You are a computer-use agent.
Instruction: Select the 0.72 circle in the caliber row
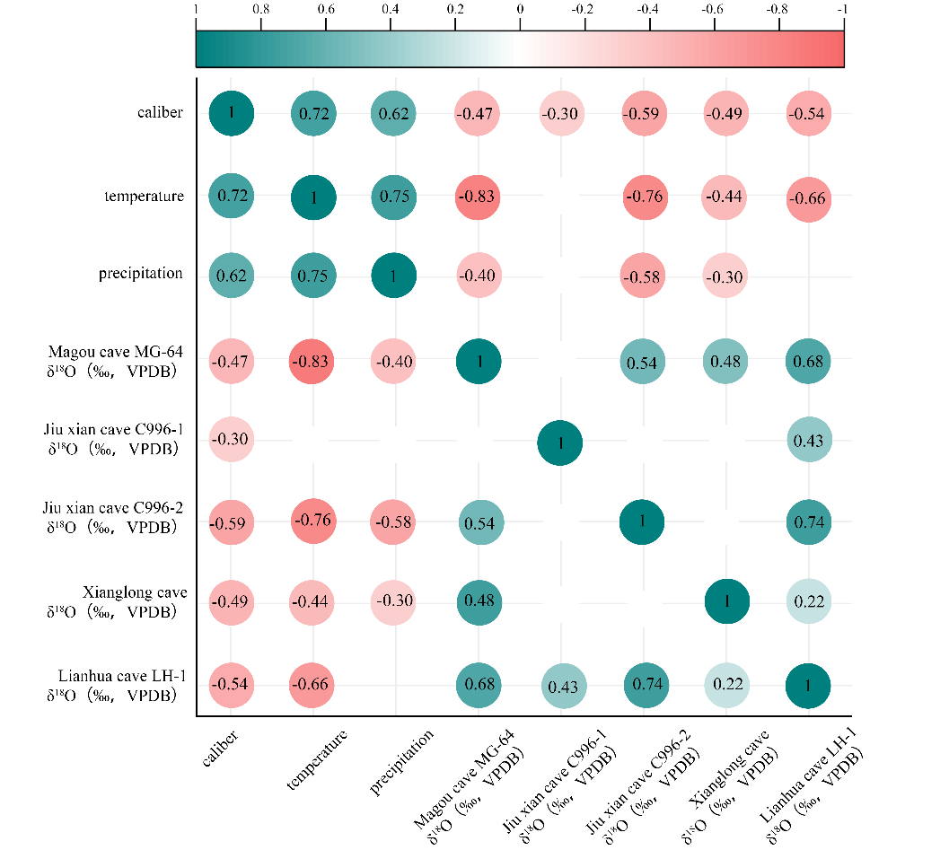pos(313,114)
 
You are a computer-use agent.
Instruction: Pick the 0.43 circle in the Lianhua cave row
pos(559,686)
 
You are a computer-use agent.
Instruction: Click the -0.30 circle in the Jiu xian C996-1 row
pos(232,439)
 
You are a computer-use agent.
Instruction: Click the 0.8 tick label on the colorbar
pos(260,9)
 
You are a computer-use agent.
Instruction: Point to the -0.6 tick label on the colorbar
pos(713,9)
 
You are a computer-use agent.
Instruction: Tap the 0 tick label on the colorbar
pos(520,9)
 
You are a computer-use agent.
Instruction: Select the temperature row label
pos(144,197)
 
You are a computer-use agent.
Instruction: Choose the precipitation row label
pos(140,274)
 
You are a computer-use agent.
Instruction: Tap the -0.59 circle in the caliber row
pos(642,114)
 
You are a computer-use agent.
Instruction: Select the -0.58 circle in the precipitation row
pos(642,276)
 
